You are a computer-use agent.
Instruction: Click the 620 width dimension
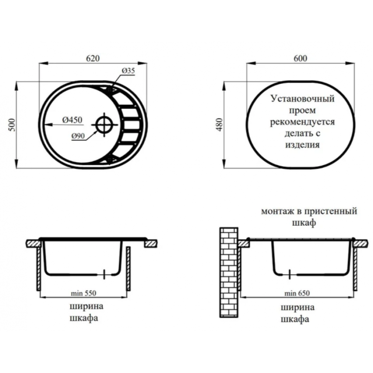coord(93,58)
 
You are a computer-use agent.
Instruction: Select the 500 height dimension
coord(12,125)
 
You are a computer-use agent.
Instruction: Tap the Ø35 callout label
coord(128,70)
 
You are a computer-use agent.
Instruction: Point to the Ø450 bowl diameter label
coord(72,120)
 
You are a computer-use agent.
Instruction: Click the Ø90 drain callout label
coord(78,136)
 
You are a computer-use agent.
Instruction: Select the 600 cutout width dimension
coord(300,58)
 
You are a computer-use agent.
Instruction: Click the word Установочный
coord(303,98)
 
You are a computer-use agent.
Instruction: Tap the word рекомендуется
coord(303,122)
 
